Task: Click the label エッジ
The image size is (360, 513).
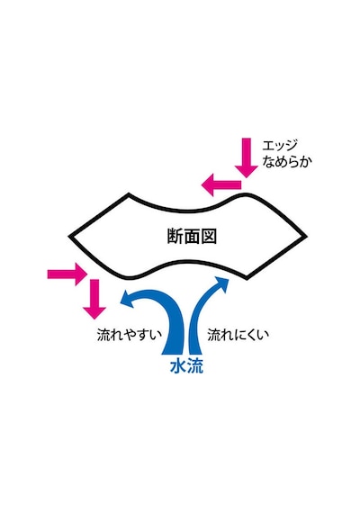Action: [280, 145]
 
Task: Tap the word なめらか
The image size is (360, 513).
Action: [287, 162]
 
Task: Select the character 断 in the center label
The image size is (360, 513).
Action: [175, 236]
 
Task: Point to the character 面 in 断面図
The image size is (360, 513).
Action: [192, 236]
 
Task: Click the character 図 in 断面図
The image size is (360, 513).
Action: [209, 236]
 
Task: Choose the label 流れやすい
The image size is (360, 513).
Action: [130, 335]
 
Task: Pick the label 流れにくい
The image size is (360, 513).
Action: [238, 335]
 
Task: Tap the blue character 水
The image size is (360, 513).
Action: [178, 366]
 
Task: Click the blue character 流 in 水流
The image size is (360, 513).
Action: [195, 366]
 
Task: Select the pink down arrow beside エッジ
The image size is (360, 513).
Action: [246, 157]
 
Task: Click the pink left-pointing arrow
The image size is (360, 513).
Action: [220, 184]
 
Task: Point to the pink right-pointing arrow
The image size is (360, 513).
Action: [67, 274]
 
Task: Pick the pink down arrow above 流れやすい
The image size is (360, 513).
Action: [94, 299]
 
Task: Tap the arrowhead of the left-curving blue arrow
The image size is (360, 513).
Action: [128, 299]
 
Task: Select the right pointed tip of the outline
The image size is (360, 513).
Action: [306, 236]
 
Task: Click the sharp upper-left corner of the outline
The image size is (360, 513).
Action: [129, 194]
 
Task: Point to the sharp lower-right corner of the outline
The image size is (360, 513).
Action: [247, 278]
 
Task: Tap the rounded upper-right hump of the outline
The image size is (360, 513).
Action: [244, 194]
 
